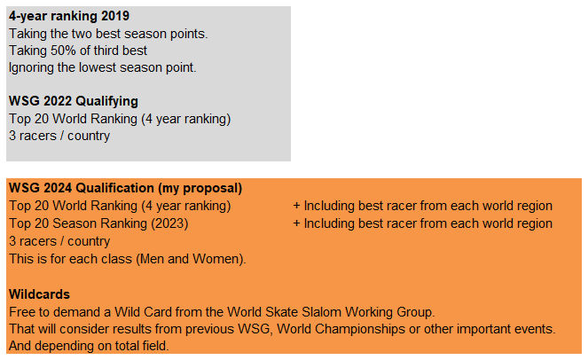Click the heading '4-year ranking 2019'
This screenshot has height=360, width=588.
[69, 16]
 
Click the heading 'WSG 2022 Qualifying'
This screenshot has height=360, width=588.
[74, 101]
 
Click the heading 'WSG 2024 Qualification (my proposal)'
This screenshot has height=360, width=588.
[126, 188]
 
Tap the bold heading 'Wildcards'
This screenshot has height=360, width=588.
[39, 294]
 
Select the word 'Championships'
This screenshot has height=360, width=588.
[358, 329]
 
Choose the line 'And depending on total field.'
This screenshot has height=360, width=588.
[89, 346]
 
